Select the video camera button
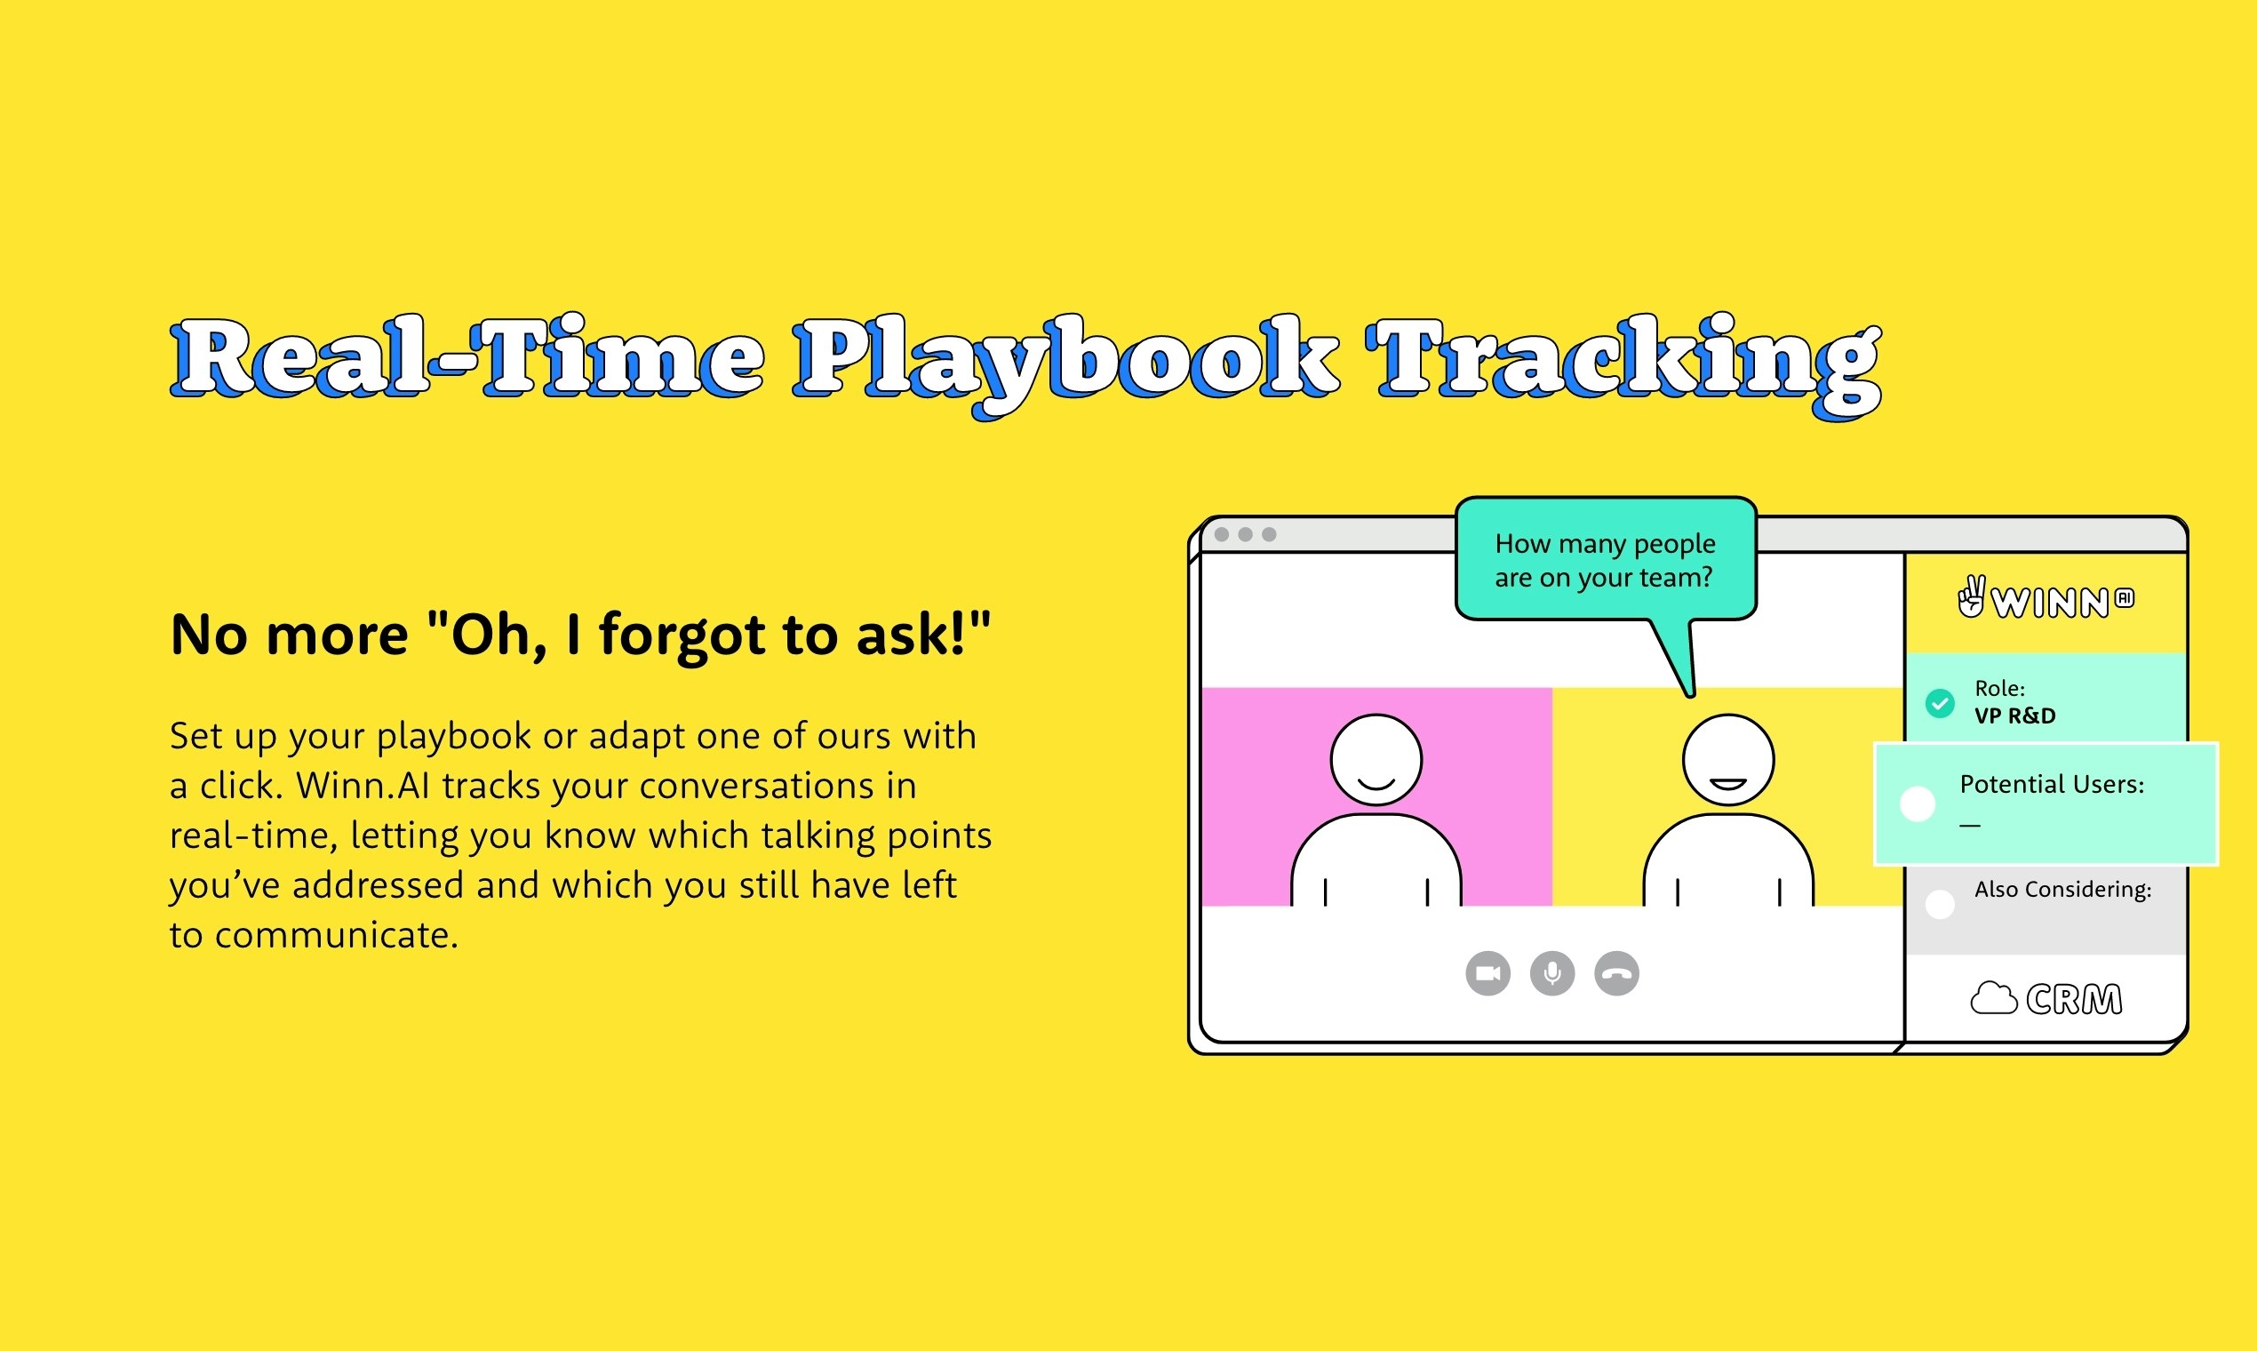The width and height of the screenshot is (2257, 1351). pos(1488,973)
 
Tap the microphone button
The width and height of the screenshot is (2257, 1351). pos(1552,973)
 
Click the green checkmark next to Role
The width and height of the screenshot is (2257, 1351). pos(1940,703)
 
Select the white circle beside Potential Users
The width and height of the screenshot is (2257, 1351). pos(1918,803)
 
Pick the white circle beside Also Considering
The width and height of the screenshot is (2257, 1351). pos(1940,904)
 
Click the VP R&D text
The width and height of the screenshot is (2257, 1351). pos(2015,716)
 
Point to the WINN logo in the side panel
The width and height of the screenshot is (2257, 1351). pos(2046,599)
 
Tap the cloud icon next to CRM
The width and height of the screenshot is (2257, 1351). pos(1994,999)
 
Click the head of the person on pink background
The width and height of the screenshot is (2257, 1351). pos(1376,760)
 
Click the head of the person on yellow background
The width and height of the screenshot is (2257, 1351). pos(1728,760)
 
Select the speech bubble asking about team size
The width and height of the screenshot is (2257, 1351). pos(1607,561)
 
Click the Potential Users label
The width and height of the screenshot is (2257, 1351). pos(2053,785)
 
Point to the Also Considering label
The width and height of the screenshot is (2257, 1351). pos(2063,890)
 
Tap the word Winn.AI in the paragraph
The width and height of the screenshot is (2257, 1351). pos(363,786)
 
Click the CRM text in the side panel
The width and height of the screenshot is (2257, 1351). pos(2074,1000)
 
